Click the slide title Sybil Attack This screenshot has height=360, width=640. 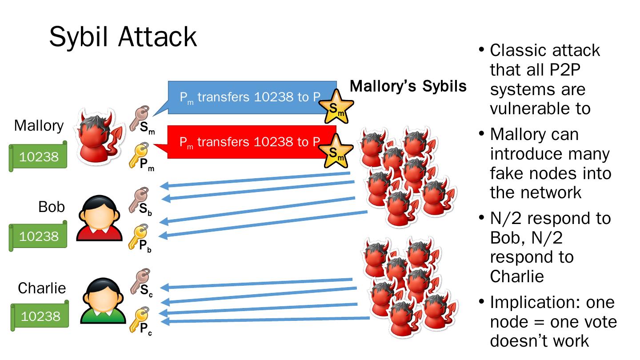point(123,36)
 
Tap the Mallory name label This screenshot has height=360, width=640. point(39,126)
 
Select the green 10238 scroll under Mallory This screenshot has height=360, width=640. point(39,156)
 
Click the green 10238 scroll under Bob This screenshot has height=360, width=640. point(39,236)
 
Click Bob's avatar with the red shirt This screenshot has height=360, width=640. point(98,219)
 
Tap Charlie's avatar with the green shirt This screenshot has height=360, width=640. point(98,300)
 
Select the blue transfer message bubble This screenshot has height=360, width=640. point(249,98)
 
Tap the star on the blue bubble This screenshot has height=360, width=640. point(338,107)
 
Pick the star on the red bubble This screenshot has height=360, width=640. point(338,150)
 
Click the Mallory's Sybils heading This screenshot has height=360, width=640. point(408,86)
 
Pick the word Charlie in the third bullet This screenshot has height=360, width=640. point(517,276)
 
